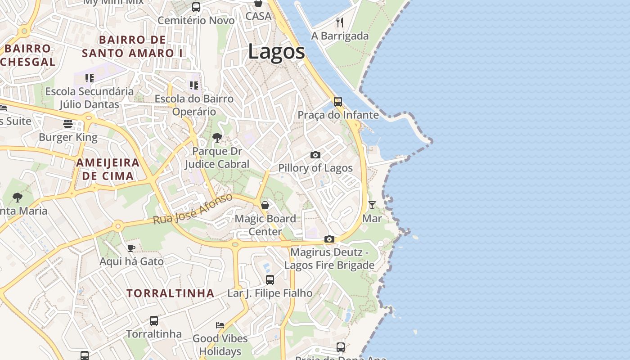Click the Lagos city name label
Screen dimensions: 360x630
276,52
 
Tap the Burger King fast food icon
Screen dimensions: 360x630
68,124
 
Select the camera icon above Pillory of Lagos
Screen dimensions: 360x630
315,155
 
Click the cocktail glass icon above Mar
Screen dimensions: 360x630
372,205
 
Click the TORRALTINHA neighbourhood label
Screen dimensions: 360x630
170,293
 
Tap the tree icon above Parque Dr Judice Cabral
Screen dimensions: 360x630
217,138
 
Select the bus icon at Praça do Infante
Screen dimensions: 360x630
337,102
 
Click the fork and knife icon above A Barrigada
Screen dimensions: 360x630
340,22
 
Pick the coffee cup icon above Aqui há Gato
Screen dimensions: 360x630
131,248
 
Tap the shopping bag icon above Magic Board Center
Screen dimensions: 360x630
265,205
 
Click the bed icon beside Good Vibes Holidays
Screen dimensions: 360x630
220,325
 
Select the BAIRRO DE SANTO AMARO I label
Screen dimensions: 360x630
132,46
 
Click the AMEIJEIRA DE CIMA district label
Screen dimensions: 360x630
108,169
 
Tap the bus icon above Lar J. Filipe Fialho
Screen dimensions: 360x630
270,280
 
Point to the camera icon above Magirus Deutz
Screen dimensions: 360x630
329,239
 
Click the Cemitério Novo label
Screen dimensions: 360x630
196,21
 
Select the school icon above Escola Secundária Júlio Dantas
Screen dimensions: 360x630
90,78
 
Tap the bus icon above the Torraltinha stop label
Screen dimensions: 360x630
153,321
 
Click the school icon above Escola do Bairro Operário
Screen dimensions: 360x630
194,85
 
